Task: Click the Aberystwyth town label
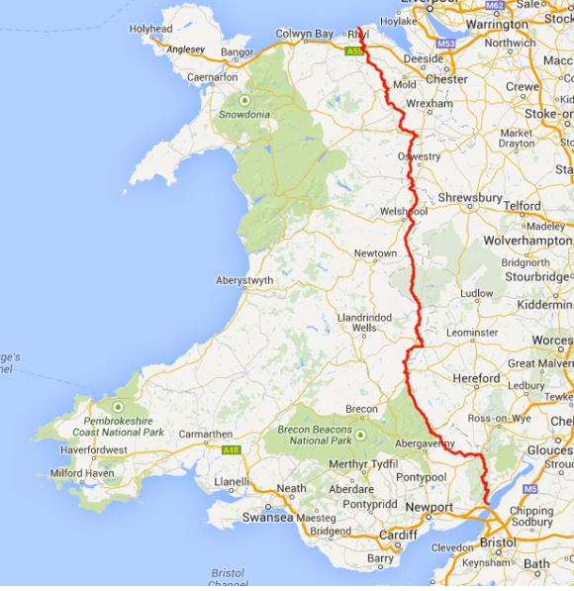(243, 280)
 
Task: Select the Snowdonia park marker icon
(243, 100)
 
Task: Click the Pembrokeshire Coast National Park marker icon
(118, 407)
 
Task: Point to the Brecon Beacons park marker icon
(360, 433)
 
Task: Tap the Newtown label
(376, 253)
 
